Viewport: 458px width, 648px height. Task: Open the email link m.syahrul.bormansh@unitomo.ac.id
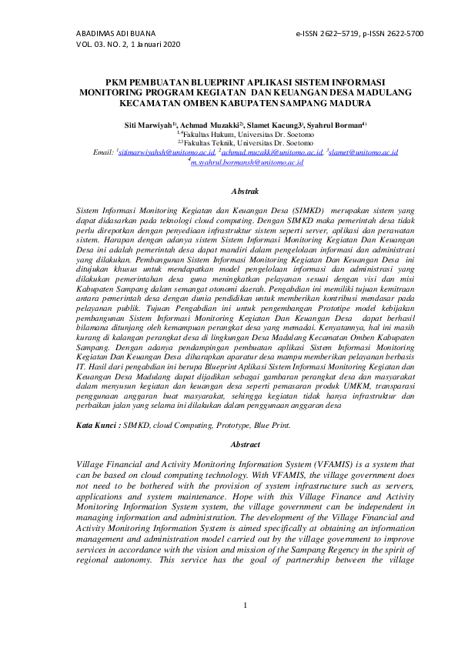tap(247, 162)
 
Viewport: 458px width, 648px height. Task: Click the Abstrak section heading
tap(244, 190)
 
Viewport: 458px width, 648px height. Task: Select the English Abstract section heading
tap(244, 445)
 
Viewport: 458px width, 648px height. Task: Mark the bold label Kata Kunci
tap(97, 425)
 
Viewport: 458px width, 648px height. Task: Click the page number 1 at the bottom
tap(244, 605)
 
